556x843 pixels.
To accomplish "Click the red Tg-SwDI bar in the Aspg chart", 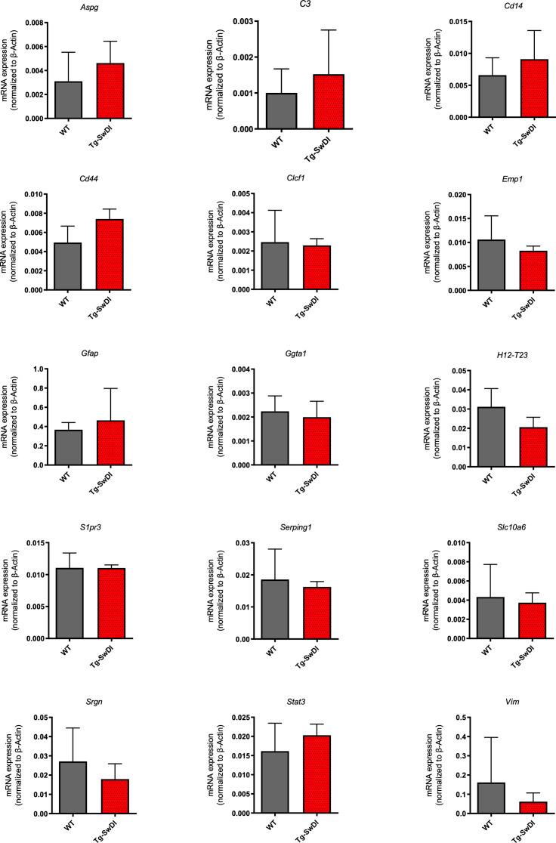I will click(x=110, y=91).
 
